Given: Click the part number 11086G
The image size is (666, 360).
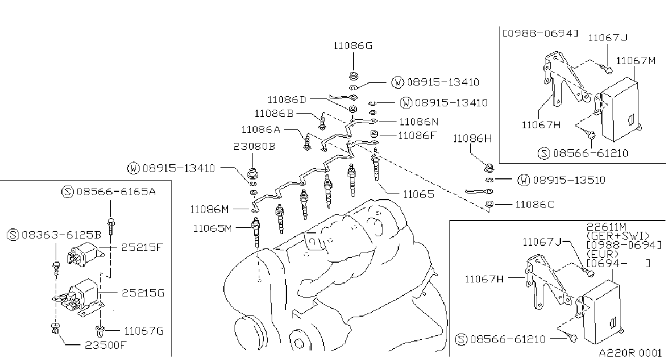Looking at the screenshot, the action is (x=353, y=46).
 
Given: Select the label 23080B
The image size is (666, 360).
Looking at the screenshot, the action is (x=254, y=146).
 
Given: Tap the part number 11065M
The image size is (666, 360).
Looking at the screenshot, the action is (x=213, y=228).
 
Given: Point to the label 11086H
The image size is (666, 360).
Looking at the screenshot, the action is (x=472, y=138).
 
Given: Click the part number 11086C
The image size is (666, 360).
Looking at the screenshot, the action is (x=535, y=205).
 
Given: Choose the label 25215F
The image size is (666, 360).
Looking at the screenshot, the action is (x=142, y=247).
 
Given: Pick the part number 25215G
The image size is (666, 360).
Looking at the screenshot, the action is (x=143, y=293).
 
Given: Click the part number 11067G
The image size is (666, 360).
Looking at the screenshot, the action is (x=143, y=331).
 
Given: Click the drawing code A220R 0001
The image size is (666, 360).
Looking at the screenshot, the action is (x=631, y=353).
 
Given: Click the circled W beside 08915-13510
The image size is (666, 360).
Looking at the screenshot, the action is (x=524, y=181).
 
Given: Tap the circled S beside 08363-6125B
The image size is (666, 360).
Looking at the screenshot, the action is (x=13, y=235).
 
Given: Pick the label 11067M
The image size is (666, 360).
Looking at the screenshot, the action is (x=636, y=61).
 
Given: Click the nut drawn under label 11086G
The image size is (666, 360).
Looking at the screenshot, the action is (x=353, y=76).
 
